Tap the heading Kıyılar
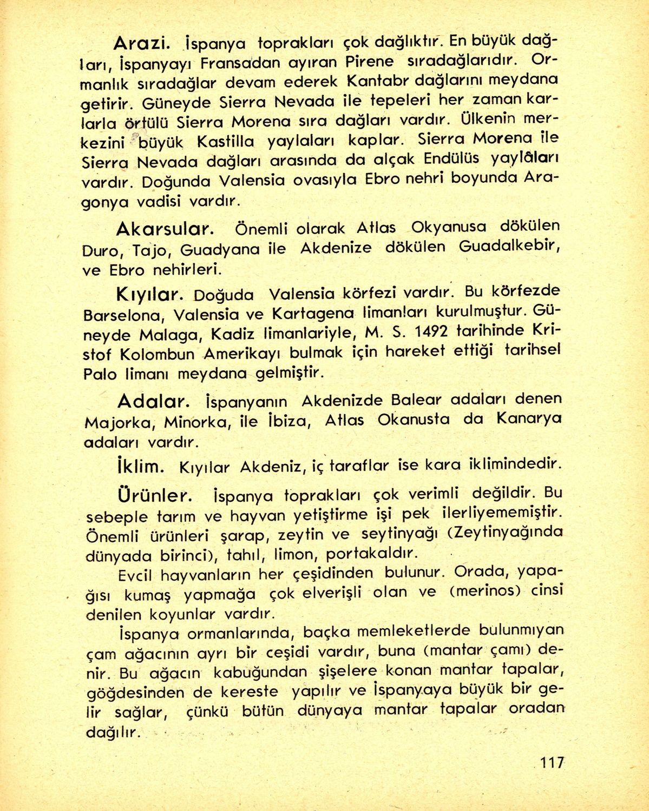pos(147,295)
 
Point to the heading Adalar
pos(153,401)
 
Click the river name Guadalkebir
pos(508,247)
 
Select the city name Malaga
pos(167,335)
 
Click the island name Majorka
pos(112,422)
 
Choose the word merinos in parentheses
pos(483,591)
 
